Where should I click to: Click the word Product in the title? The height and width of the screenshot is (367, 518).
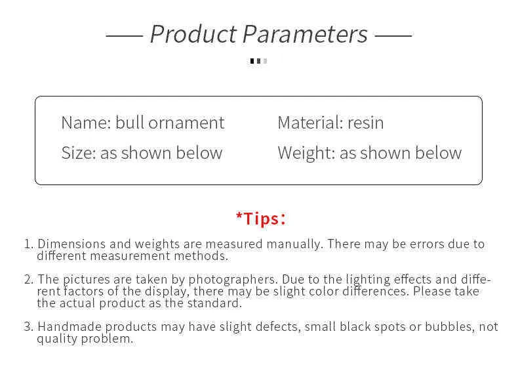coord(193,34)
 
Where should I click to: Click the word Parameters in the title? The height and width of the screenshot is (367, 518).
coord(306,34)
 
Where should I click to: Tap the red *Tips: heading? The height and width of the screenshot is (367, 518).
coord(261,219)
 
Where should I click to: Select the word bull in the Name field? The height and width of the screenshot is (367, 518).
coord(130,123)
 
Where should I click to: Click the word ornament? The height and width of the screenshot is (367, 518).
coord(186,123)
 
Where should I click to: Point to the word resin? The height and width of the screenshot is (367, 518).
coord(365,123)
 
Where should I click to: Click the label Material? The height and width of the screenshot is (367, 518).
coord(310,123)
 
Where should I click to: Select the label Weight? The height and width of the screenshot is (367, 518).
coord(307,153)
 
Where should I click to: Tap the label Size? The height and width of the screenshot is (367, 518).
coord(79,153)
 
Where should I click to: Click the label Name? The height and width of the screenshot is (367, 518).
coord(86,123)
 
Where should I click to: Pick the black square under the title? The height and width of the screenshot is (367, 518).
coord(252,61)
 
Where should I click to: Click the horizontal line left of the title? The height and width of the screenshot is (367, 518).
coord(124,35)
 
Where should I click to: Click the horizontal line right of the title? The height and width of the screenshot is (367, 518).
coord(393,35)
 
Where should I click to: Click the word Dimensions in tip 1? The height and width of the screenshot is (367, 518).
coord(71,244)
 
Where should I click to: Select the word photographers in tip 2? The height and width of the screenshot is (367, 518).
coord(233,280)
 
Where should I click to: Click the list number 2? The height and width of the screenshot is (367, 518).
coord(28,280)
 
